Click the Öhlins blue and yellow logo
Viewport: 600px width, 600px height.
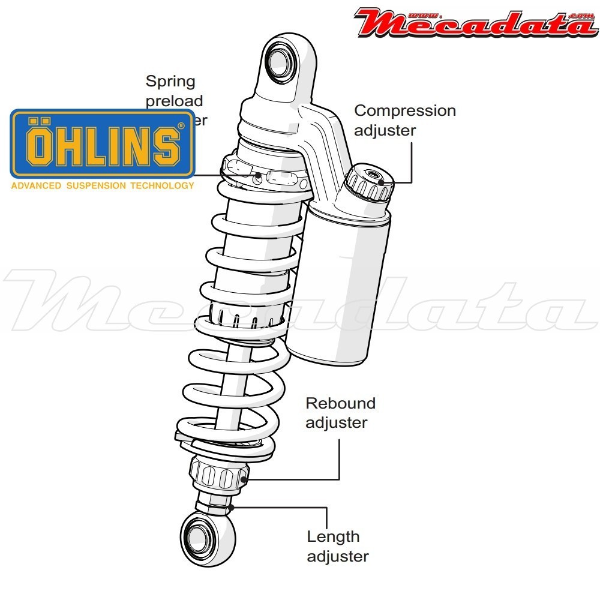pos(103,143)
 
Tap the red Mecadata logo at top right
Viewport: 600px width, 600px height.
pos(477,22)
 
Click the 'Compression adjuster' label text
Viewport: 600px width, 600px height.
pos(405,120)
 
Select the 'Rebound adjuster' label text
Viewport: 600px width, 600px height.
pos(340,413)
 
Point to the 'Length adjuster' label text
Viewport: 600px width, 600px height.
pos(337,546)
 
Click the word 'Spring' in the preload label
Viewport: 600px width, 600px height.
pos(170,81)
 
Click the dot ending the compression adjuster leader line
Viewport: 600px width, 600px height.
pos(381,182)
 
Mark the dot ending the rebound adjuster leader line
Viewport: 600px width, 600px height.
pos(244,479)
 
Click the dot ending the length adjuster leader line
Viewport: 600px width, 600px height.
pos(230,507)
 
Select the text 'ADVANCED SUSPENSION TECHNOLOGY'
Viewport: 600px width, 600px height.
pos(103,185)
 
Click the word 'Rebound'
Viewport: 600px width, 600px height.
pos(340,403)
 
